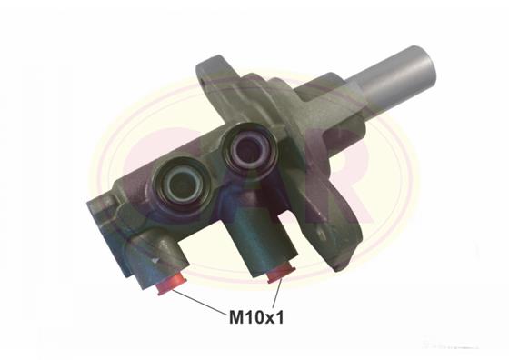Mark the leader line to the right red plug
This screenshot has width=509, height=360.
tap(276, 292)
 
